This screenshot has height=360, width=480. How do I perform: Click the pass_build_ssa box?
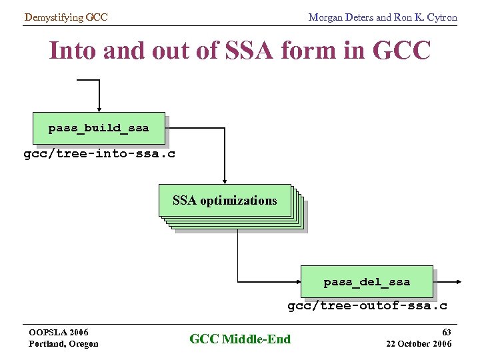(99, 128)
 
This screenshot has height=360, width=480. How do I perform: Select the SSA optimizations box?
(225, 201)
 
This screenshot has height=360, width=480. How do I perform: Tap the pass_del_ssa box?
(367, 282)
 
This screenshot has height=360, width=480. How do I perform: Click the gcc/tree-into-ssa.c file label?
(99, 155)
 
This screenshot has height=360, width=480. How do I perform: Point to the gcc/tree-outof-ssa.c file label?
(367, 306)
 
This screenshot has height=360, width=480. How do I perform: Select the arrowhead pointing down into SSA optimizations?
(225, 180)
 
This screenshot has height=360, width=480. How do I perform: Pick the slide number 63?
(447, 331)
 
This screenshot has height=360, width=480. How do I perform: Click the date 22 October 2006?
(419, 343)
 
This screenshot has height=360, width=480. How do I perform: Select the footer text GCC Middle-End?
(240, 339)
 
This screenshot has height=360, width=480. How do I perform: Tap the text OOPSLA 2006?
(59, 332)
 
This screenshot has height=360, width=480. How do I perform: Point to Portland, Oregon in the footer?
(63, 344)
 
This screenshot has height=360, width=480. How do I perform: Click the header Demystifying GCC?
(65, 17)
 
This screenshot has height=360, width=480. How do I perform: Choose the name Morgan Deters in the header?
(341, 17)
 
